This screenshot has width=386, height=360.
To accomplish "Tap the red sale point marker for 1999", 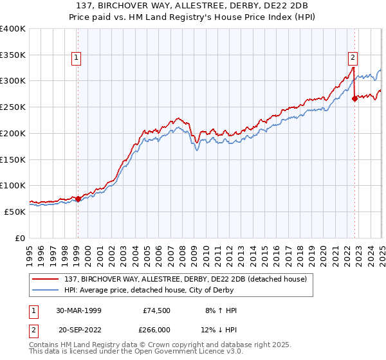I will tap(78, 199).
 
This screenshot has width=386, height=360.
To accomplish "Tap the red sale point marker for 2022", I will tap(354, 98).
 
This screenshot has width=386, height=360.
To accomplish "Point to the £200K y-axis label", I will tap(13, 133).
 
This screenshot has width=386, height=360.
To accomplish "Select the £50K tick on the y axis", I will tap(15, 212).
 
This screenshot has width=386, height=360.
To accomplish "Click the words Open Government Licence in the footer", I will tap(192, 353).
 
